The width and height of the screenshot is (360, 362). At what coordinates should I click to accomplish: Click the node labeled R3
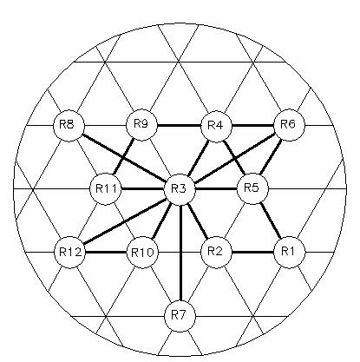click(x=180, y=189)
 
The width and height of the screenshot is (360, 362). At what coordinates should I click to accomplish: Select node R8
click(x=69, y=126)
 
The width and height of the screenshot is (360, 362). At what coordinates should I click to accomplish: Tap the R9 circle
click(x=142, y=125)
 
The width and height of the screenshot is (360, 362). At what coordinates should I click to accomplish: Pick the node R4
click(x=216, y=126)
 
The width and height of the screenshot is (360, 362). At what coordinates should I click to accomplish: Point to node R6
click(x=289, y=125)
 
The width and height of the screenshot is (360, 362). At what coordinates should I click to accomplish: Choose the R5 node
click(x=252, y=188)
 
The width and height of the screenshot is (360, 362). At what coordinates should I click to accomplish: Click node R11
click(x=106, y=189)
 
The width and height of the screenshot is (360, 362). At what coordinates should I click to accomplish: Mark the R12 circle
click(x=69, y=253)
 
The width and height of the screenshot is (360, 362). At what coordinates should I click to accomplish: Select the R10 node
click(x=142, y=253)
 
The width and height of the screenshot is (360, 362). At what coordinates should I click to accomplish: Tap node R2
click(x=216, y=252)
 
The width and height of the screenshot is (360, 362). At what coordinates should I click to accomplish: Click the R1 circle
click(x=289, y=252)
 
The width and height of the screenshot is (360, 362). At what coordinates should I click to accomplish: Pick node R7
click(x=180, y=315)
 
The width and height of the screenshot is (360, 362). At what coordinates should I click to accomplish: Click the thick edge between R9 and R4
click(x=179, y=126)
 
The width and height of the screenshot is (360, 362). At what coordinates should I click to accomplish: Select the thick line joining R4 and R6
click(x=252, y=126)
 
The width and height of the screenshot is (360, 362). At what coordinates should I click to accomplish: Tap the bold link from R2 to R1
click(x=252, y=252)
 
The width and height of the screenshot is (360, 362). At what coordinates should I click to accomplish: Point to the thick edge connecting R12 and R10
click(x=106, y=253)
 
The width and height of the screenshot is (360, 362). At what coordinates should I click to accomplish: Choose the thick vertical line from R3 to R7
click(x=180, y=253)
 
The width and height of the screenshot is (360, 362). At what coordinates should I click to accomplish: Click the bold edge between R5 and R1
click(x=271, y=220)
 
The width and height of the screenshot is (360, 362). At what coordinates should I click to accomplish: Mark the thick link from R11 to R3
click(x=142, y=189)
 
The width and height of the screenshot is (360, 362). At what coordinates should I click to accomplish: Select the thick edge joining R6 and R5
click(x=271, y=157)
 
